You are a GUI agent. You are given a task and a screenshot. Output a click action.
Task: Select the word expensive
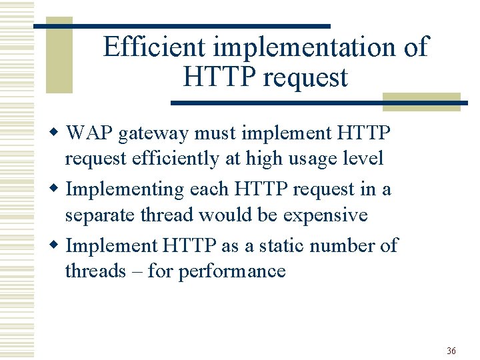click(x=325, y=216)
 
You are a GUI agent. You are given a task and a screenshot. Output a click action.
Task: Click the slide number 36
click(x=451, y=351)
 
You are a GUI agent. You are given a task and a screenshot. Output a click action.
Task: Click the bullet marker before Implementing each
click(x=57, y=190)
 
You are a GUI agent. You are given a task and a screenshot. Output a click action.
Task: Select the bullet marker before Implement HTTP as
click(x=57, y=246)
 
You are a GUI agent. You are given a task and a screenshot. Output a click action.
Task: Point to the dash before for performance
click(x=137, y=272)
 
